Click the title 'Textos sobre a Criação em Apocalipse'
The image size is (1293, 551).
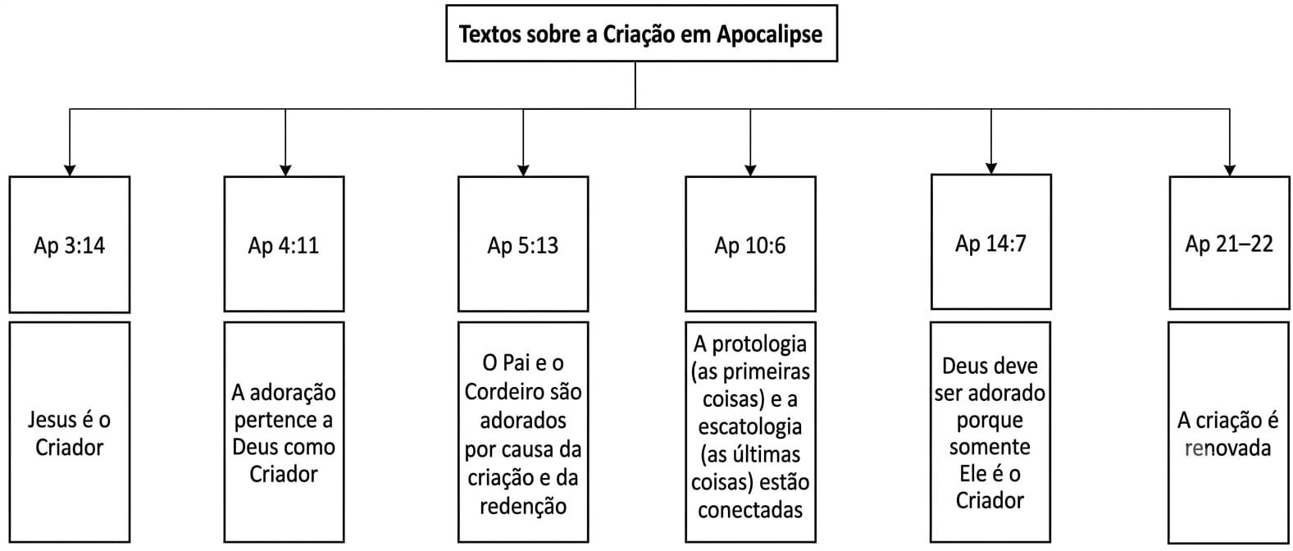(x=640, y=34)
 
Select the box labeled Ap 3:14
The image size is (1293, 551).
(x=69, y=244)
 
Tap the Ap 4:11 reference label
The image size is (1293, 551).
(x=284, y=245)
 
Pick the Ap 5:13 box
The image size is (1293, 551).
(x=523, y=244)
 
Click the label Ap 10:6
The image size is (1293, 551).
(x=750, y=245)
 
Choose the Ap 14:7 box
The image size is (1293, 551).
(x=991, y=243)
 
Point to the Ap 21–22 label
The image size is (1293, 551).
(x=1229, y=244)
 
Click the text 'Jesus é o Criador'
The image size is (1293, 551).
(x=69, y=433)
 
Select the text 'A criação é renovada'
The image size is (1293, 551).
(x=1228, y=434)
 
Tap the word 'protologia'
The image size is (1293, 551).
(x=759, y=344)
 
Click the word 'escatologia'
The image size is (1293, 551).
(x=750, y=427)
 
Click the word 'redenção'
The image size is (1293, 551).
(x=523, y=506)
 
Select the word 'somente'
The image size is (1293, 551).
(x=990, y=447)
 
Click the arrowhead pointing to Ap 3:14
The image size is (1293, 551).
(x=69, y=171)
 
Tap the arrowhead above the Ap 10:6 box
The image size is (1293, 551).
(x=750, y=171)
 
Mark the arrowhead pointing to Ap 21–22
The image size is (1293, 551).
(x=1230, y=171)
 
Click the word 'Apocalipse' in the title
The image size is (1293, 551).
(x=769, y=34)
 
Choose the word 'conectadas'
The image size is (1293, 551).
(x=750, y=510)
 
